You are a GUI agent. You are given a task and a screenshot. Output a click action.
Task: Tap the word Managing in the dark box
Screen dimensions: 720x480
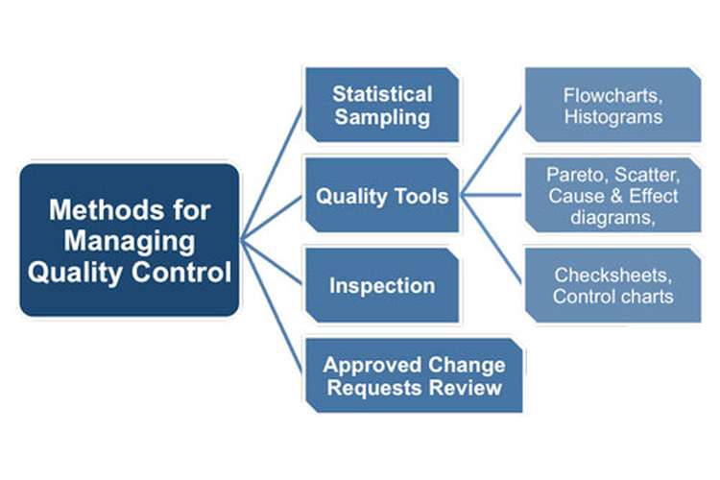click(x=130, y=242)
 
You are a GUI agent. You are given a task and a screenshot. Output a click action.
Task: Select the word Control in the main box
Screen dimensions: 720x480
click(x=181, y=272)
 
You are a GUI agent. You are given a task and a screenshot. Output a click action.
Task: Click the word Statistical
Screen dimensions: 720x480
click(x=382, y=94)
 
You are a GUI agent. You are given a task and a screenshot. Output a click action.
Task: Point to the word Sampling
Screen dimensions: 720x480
click(x=382, y=117)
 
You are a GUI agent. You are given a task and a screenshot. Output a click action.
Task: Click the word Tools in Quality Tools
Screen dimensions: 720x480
click(x=421, y=196)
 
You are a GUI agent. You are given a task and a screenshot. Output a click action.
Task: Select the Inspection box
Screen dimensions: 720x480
click(x=382, y=285)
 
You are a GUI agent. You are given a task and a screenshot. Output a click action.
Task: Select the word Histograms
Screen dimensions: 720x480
click(x=613, y=117)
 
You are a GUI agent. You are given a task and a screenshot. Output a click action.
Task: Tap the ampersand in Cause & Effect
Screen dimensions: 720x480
click(x=616, y=196)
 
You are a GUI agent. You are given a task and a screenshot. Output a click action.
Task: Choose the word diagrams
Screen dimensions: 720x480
click(x=612, y=217)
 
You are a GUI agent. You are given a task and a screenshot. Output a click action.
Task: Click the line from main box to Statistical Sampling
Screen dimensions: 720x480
click(x=272, y=174)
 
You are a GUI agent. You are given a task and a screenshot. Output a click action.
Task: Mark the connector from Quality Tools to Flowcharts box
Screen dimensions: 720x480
click(x=492, y=151)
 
